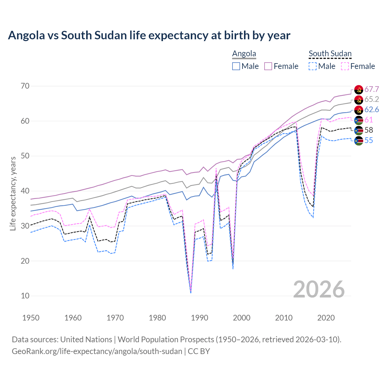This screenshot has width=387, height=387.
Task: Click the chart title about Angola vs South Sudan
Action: (x=149, y=35)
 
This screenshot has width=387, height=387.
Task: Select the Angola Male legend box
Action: (x=236, y=66)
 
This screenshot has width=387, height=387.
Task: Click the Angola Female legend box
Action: (x=268, y=66)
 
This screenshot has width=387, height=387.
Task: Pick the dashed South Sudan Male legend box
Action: (x=313, y=66)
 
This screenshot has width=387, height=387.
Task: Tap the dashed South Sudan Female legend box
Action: (x=345, y=66)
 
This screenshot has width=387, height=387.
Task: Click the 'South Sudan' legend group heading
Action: (x=330, y=54)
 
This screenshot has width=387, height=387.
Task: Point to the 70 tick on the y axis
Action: (x=25, y=86)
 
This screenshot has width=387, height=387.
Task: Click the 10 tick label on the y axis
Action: (x=25, y=296)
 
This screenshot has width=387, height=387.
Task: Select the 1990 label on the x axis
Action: (x=200, y=318)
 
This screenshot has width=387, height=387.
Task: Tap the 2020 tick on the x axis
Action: (x=326, y=318)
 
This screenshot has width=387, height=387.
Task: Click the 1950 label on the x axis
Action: (x=31, y=318)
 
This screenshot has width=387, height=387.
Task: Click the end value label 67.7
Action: (x=372, y=89)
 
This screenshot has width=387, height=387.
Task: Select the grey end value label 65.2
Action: (x=372, y=99)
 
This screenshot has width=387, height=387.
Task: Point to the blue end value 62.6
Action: (x=372, y=110)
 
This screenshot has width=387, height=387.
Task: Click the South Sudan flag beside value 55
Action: (x=359, y=141)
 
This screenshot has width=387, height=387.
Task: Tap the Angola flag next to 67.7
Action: (x=359, y=89)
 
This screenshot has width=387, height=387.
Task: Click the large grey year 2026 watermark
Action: (x=319, y=289)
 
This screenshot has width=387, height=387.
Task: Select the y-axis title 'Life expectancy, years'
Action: (x=13, y=193)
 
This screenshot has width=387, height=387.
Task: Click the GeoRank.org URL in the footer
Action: (x=97, y=351)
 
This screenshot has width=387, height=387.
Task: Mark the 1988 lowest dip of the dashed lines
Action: (x=191, y=292)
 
